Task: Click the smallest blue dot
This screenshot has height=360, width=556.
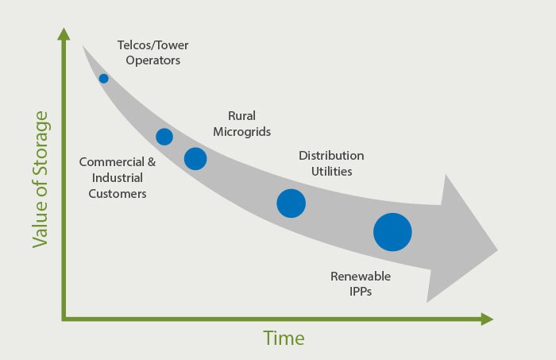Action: pos(103,79)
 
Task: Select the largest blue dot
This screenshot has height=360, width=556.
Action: pos(392,232)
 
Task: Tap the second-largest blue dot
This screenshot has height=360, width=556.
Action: pos(292,203)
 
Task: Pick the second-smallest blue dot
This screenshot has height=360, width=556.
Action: pos(164,137)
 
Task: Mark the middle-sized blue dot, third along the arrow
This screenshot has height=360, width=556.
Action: pos(195,158)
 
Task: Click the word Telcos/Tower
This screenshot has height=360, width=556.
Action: pos(153,45)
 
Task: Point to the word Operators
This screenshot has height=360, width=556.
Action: pos(153,60)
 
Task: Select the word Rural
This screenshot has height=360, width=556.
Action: pos(241,115)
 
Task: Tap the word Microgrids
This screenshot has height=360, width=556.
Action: pos(241,132)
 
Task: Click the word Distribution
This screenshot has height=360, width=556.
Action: pos(331,155)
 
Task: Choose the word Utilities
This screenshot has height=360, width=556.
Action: pos(331,172)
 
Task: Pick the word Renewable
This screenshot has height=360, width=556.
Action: pos(361,277)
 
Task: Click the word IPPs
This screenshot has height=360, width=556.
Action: pos(361,292)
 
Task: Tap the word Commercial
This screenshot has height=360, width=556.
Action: pos(112,162)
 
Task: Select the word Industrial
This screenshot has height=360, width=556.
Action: pos(118,178)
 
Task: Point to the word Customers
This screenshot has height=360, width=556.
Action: pos(118,194)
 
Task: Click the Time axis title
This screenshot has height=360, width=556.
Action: pos(284,338)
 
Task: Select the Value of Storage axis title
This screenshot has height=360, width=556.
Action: pos(40,180)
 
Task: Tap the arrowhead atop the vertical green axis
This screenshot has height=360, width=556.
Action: pos(64,34)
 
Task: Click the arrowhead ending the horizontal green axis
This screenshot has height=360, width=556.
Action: pos(487,319)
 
